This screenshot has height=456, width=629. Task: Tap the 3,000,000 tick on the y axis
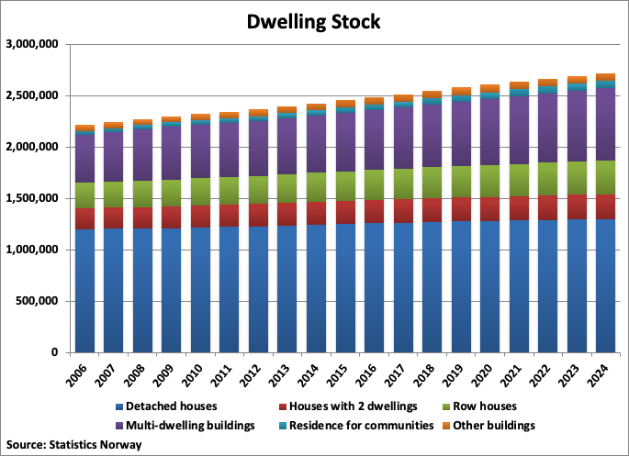(32, 44)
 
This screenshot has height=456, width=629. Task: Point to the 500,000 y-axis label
(36, 301)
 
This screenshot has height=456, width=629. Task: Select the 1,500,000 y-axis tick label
(32, 198)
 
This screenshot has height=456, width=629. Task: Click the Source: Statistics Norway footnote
(75, 444)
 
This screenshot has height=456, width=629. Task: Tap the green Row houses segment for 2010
(201, 192)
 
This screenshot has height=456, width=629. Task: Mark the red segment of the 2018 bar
(432, 210)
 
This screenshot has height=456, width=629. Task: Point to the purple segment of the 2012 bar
(259, 148)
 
